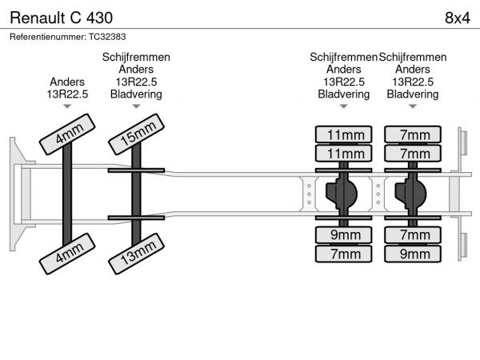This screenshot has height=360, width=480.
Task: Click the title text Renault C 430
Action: pyautogui.click(x=61, y=17)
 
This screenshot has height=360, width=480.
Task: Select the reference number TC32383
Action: pyautogui.click(x=107, y=36)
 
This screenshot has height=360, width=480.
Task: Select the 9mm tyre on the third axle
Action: pyautogui.click(x=344, y=234)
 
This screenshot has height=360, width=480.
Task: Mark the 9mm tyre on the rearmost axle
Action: pyautogui.click(x=413, y=254)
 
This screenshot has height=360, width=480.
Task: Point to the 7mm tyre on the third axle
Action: pyautogui.click(x=344, y=254)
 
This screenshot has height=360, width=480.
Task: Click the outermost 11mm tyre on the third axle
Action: pyautogui.click(x=344, y=134)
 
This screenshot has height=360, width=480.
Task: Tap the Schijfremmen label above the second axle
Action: pyautogui.click(x=136, y=58)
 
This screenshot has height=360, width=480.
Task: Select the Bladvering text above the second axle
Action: pyautogui.click(x=136, y=94)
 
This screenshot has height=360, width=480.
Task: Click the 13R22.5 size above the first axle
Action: pyautogui.click(x=67, y=94)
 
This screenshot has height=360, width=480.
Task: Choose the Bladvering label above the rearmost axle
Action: pyautogui.click(x=413, y=94)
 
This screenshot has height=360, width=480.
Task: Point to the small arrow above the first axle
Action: pyautogui.click(x=67, y=108)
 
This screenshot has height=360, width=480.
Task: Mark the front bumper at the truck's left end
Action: pyautogui.click(x=15, y=193)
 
